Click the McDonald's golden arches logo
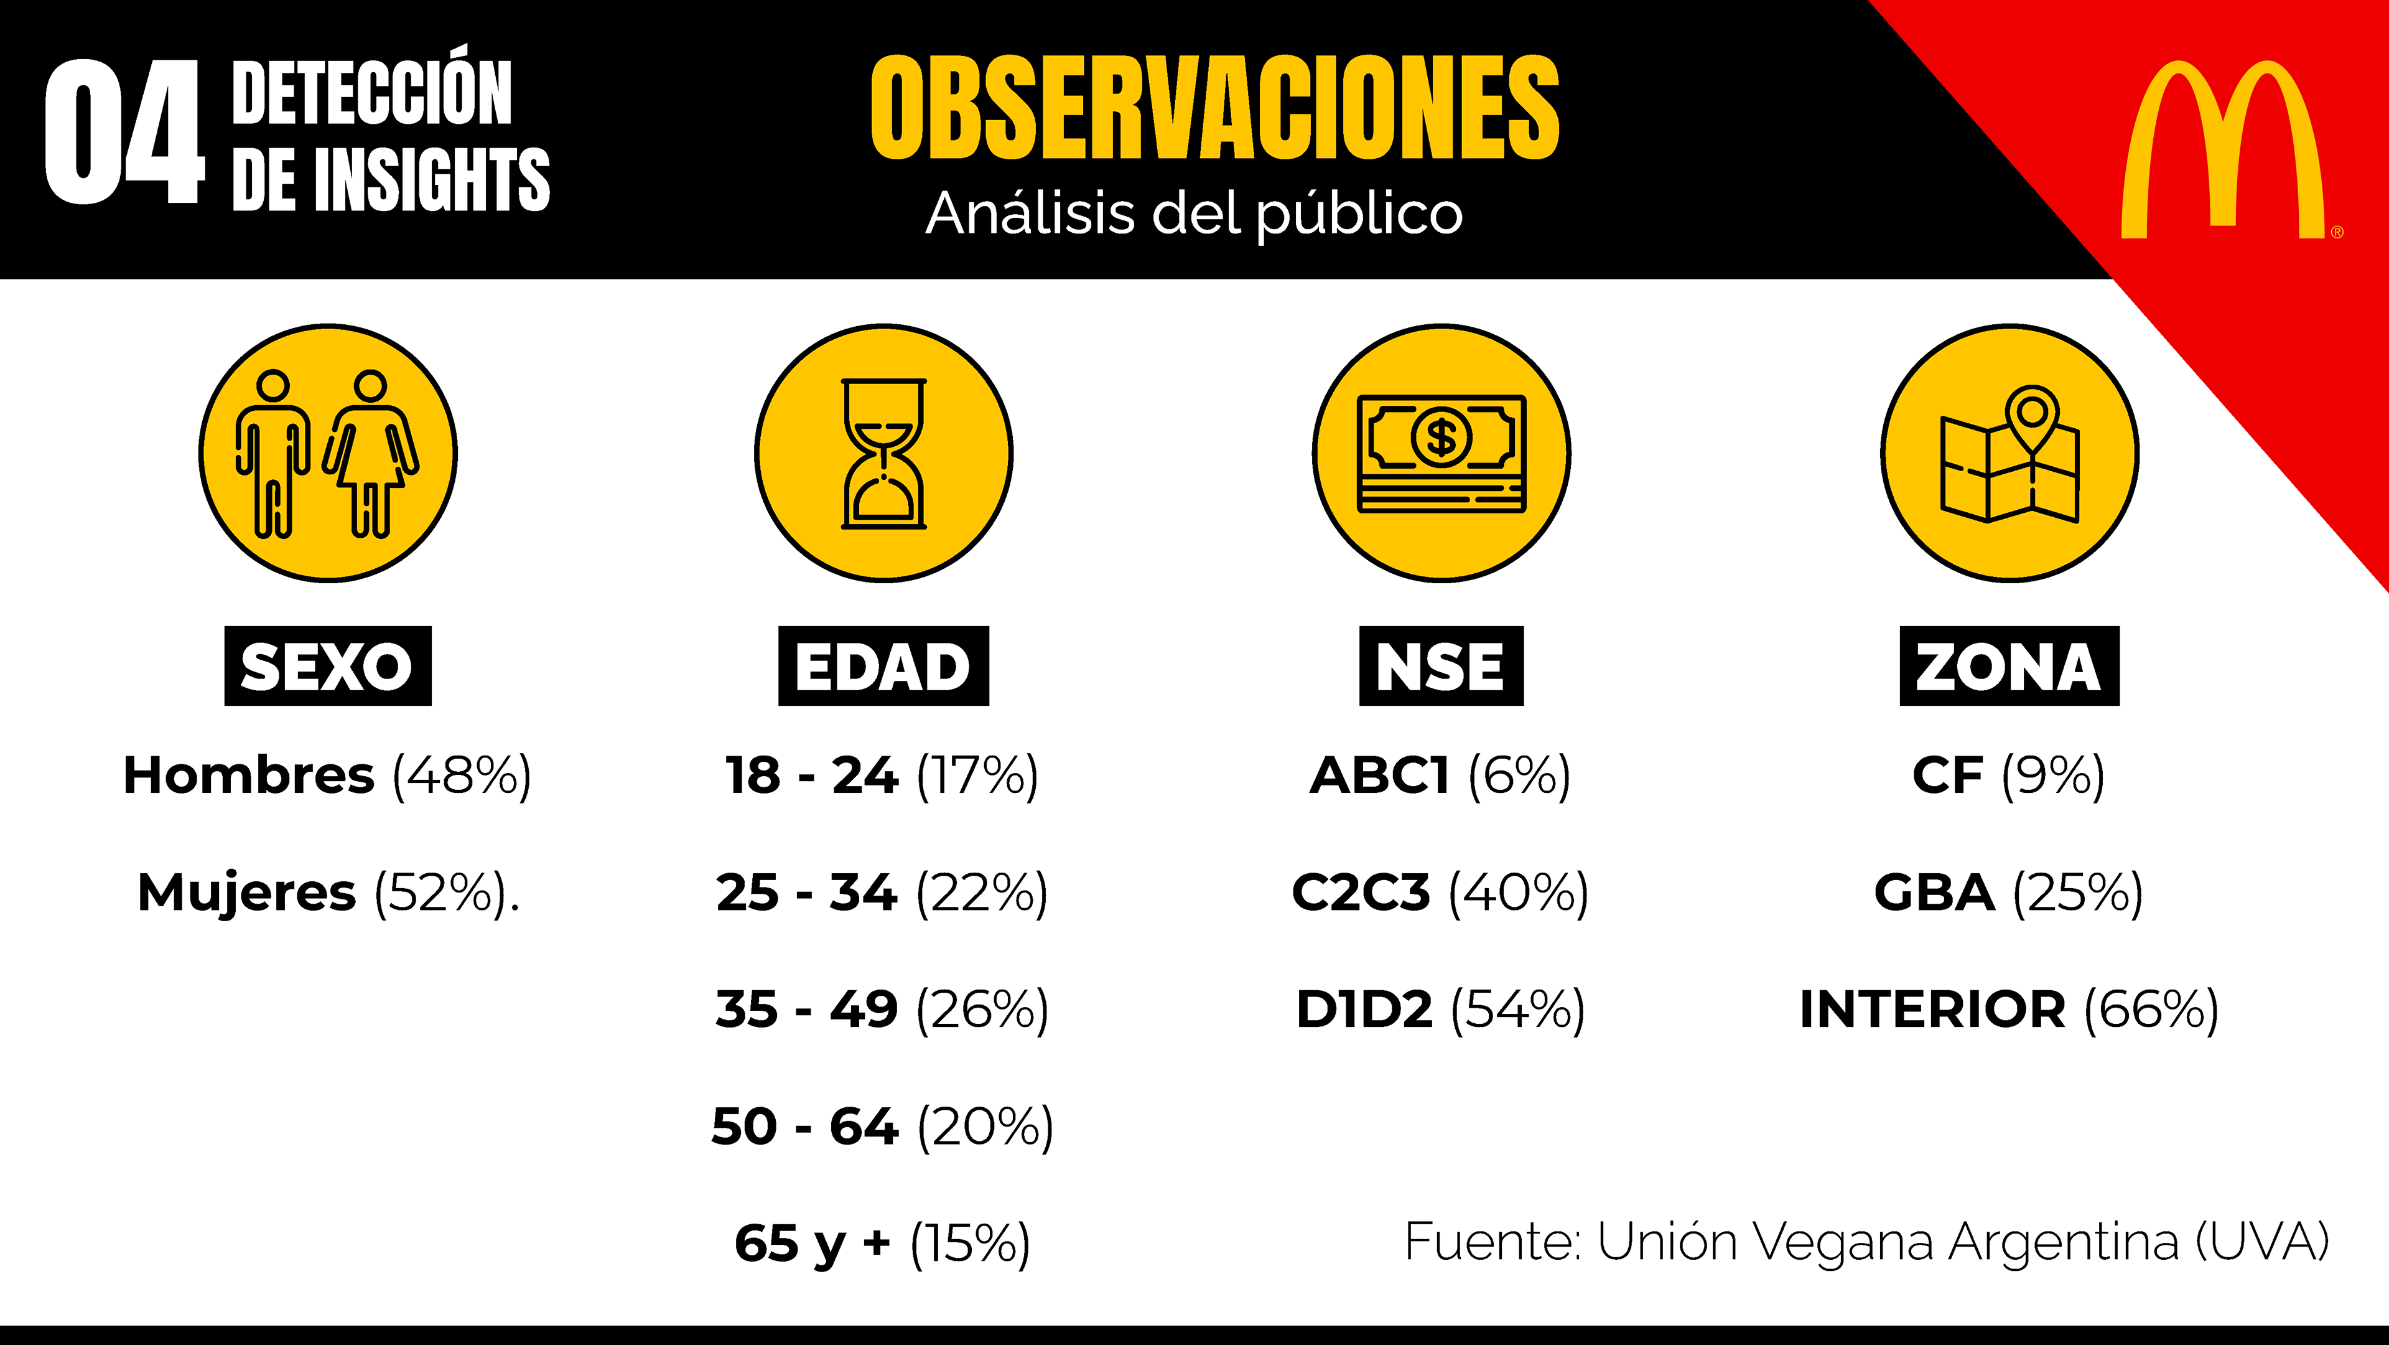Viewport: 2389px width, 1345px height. [2223, 148]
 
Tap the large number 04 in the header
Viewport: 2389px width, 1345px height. [123, 133]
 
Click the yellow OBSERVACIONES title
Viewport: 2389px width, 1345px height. [1215, 108]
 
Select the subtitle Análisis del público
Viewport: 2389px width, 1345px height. [1194, 214]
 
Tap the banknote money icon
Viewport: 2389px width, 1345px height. [1441, 454]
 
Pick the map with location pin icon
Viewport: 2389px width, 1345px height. [2009, 454]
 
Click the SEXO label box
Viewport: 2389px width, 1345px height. [327, 666]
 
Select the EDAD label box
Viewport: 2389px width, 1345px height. [883, 666]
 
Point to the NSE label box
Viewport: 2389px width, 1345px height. [1441, 666]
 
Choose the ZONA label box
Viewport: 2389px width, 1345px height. [2009, 666]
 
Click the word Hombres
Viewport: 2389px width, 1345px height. [249, 776]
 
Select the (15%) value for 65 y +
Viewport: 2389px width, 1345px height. [970, 1244]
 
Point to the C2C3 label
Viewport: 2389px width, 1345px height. [1361, 893]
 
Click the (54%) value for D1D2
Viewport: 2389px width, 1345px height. [1518, 1010]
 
